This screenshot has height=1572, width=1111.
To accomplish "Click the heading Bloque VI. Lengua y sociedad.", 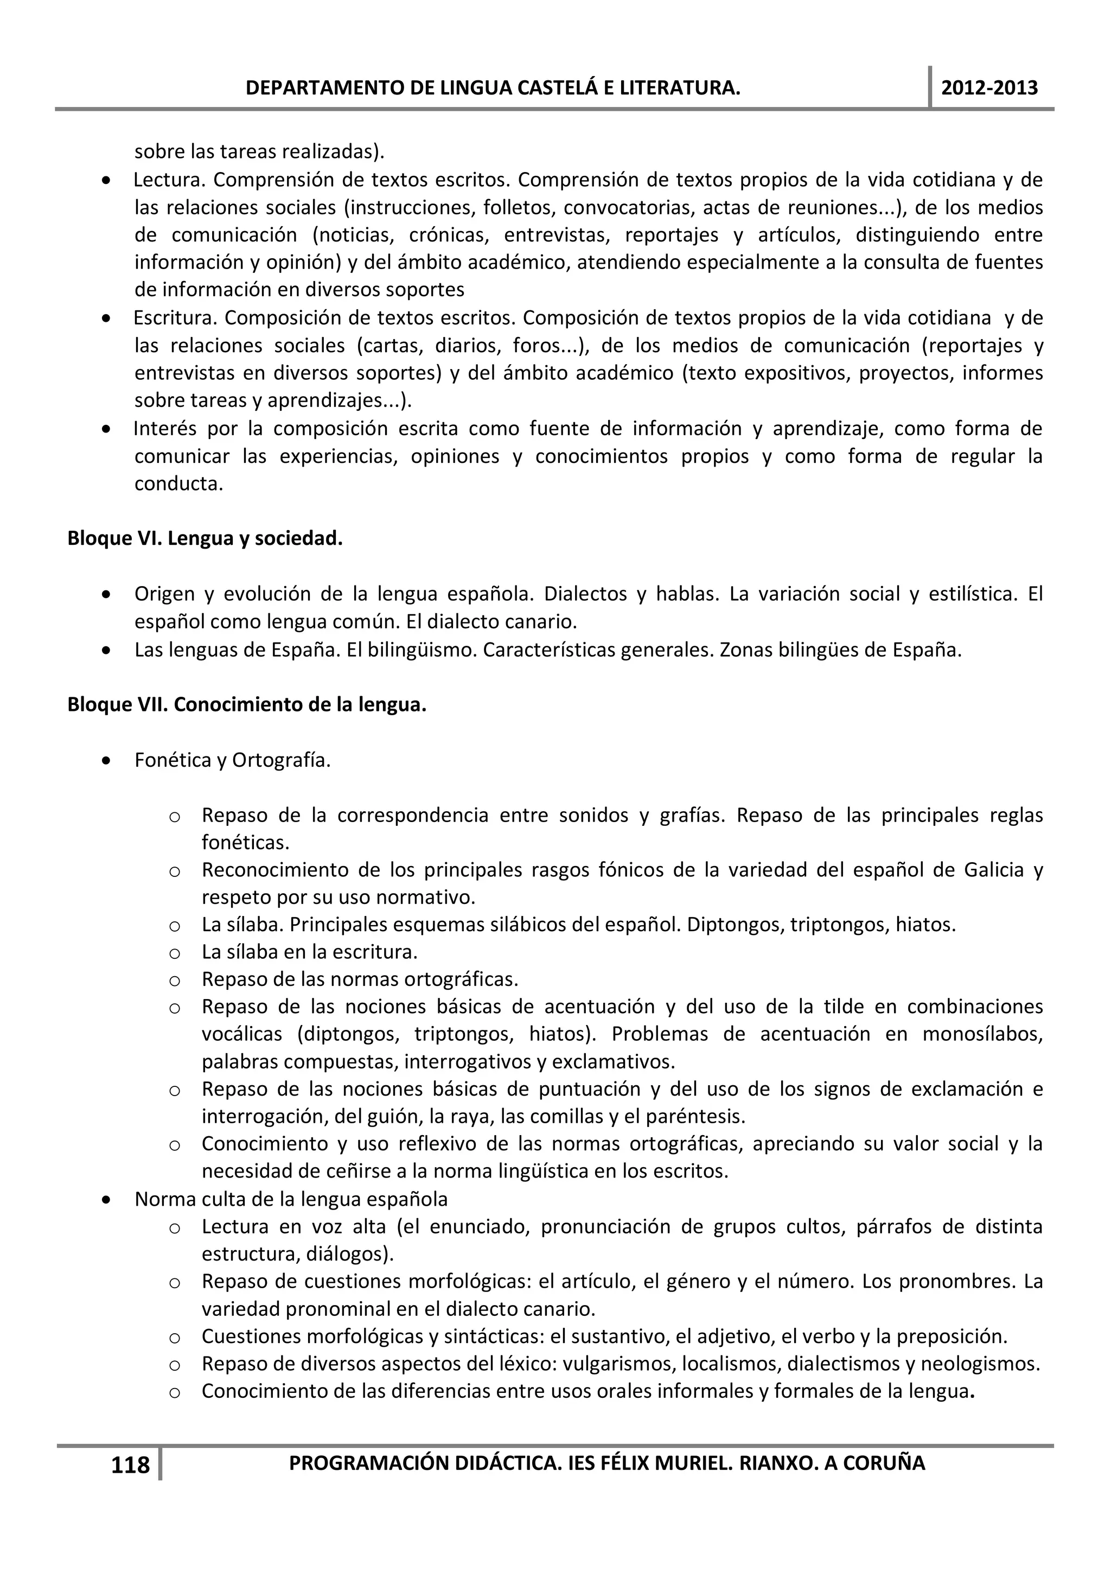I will [x=205, y=539].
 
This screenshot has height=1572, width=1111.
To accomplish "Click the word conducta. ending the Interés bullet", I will [x=178, y=484].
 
